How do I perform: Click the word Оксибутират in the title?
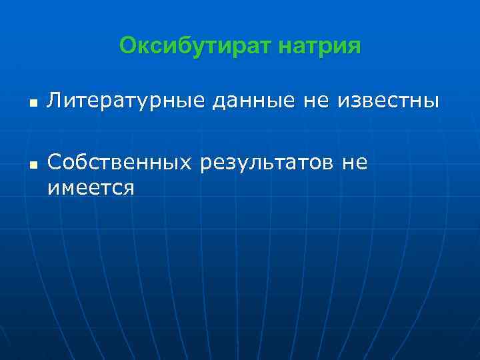pyautogui.click(x=195, y=46)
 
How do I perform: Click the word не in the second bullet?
pyautogui.click(x=355, y=162)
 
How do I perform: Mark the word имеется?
pyautogui.click(x=91, y=188)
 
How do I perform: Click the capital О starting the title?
pyautogui.click(x=127, y=46)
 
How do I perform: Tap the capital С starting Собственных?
pyautogui.click(x=54, y=161)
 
